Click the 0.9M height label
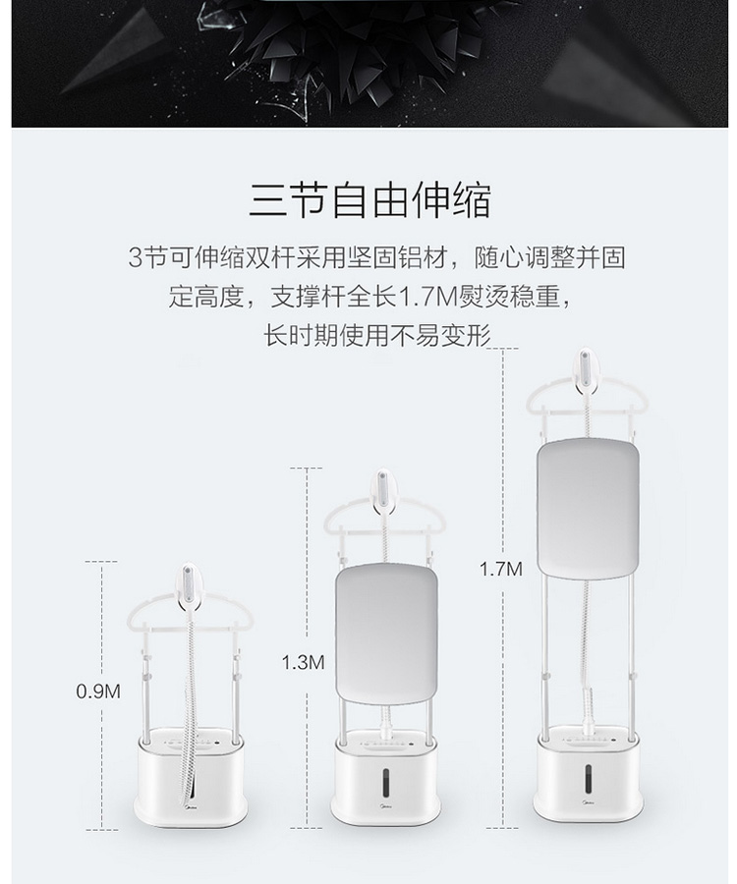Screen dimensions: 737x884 coord(98,691)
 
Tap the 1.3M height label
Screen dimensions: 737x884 coord(304,662)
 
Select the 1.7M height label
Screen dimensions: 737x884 coord(501,569)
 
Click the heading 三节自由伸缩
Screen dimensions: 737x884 coord(369,199)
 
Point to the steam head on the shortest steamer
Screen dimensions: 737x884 coord(189,586)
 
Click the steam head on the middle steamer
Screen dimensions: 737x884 coord(383,492)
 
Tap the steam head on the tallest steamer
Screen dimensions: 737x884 coord(586,374)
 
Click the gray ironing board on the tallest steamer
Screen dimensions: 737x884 coord(589,508)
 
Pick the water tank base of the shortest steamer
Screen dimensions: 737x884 coord(190,778)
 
